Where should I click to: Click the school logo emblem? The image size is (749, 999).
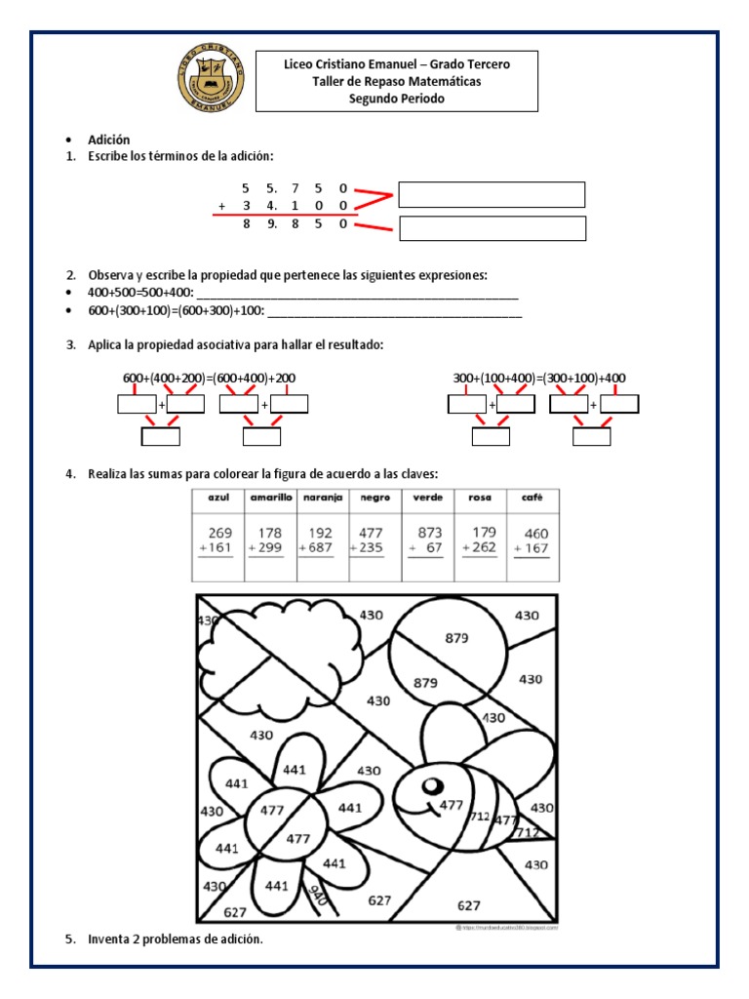pyautogui.click(x=209, y=81)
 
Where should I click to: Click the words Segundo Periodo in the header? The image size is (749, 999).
pyautogui.click(x=396, y=99)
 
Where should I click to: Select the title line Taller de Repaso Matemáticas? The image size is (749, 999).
pyautogui.click(x=396, y=81)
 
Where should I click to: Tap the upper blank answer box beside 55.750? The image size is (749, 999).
pyautogui.click(x=492, y=194)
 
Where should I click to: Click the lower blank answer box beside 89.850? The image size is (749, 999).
pyautogui.click(x=492, y=228)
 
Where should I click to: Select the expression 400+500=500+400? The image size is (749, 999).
pyautogui.click(x=140, y=294)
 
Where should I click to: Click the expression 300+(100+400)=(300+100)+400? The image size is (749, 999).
pyautogui.click(x=539, y=378)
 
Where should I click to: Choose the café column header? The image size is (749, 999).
pyautogui.click(x=532, y=498)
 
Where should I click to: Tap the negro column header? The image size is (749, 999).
pyautogui.click(x=374, y=498)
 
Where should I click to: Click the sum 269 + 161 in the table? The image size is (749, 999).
pyautogui.click(x=218, y=540)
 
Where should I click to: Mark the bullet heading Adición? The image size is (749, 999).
pyautogui.click(x=108, y=140)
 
